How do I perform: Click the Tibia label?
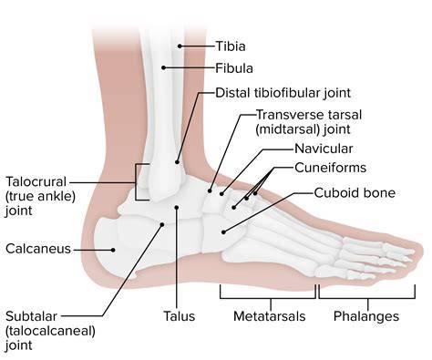[231, 46]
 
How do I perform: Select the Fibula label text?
[234, 68]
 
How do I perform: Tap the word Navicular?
[324, 149]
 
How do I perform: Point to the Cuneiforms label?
[331, 168]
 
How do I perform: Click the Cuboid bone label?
[355, 193]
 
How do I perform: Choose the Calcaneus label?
[38, 249]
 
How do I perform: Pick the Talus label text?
[180, 316]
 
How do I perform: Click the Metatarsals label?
[270, 316]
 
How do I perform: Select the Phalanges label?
[366, 316]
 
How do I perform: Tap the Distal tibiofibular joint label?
[283, 93]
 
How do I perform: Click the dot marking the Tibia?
[180, 46]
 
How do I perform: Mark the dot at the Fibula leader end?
[163, 67]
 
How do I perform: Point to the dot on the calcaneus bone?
[113, 250]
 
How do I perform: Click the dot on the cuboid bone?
[223, 232]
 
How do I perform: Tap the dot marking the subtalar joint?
[162, 224]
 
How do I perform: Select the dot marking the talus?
[177, 207]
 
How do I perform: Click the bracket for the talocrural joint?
[136, 182]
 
